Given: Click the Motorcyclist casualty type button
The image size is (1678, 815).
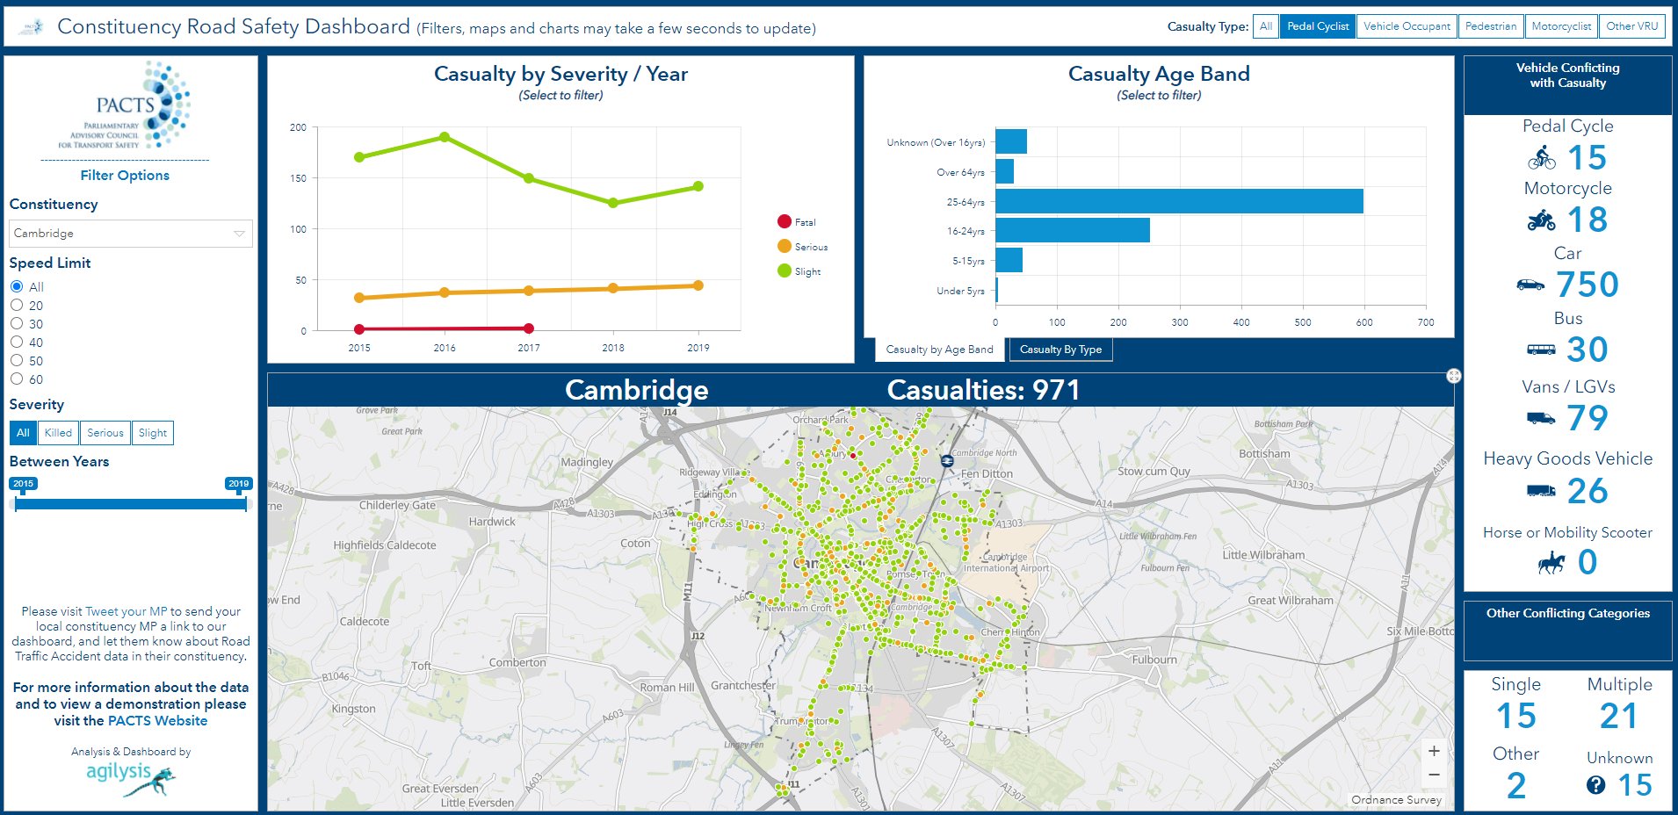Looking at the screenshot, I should pyautogui.click(x=1560, y=26).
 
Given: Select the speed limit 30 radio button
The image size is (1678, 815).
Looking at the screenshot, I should pyautogui.click(x=17, y=324).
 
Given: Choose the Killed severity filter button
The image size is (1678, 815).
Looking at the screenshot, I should pyautogui.click(x=58, y=433).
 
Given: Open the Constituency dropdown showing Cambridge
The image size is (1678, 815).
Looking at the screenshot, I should pyautogui.click(x=130, y=234).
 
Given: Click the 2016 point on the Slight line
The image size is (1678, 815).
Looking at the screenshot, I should pyautogui.click(x=445, y=137).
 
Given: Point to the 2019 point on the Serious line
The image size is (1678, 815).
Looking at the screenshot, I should pyautogui.click(x=698, y=285).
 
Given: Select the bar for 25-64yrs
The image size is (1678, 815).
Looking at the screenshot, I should pyautogui.click(x=1178, y=201).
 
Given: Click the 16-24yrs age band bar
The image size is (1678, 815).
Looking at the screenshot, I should pyautogui.click(x=1072, y=231).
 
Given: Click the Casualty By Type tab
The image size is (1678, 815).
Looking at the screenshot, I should pyautogui.click(x=1060, y=350).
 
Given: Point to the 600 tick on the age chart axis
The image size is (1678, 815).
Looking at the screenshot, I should pyautogui.click(x=1363, y=322).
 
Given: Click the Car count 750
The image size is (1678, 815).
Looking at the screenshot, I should pyautogui.click(x=1587, y=285).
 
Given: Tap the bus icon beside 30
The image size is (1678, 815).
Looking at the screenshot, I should pyautogui.click(x=1541, y=350).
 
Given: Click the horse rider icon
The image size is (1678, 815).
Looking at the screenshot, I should pyautogui.click(x=1551, y=563).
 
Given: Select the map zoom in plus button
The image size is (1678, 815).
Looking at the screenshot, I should pyautogui.click(x=1434, y=751).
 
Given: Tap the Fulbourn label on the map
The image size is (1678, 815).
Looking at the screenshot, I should pyautogui.click(x=1154, y=660).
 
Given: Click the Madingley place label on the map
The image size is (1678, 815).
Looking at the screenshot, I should pyautogui.click(x=587, y=462).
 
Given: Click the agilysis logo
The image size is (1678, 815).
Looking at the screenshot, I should pyautogui.click(x=130, y=776).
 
